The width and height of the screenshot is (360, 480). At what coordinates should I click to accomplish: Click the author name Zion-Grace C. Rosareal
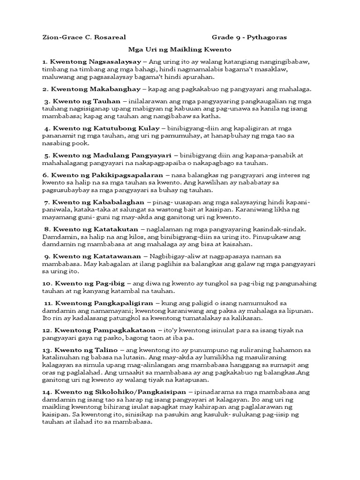click(x=79, y=37)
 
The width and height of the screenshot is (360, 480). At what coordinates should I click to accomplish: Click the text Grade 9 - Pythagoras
click(x=249, y=37)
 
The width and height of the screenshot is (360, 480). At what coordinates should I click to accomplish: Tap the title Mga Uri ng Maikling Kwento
click(x=180, y=49)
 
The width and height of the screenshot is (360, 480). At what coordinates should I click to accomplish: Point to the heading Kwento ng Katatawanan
click(x=97, y=256)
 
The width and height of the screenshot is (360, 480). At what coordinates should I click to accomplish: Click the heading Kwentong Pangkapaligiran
click(x=104, y=303)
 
